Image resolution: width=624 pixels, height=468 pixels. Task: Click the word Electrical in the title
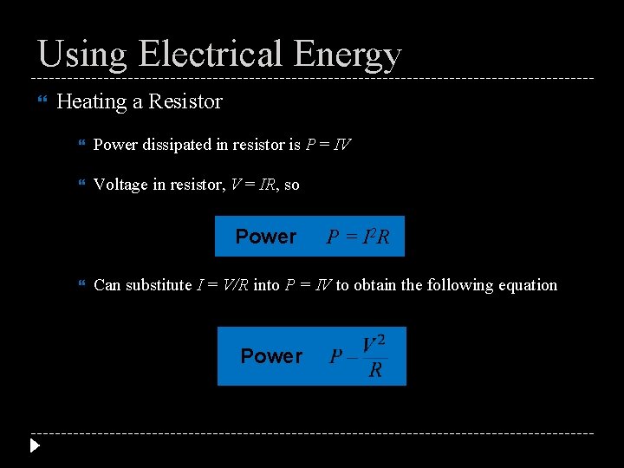(x=211, y=54)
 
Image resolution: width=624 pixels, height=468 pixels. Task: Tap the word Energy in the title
(x=348, y=55)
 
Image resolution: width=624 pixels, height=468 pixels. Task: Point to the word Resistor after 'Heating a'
(x=185, y=101)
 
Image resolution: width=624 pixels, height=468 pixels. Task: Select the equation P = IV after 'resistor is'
(x=328, y=145)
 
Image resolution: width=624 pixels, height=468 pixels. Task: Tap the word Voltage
(x=120, y=185)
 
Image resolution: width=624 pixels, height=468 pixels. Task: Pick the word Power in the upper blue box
(x=266, y=237)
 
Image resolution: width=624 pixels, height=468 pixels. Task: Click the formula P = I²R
(x=358, y=237)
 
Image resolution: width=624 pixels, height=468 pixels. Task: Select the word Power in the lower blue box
(x=271, y=356)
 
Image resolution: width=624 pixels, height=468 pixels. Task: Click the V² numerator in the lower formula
(x=374, y=343)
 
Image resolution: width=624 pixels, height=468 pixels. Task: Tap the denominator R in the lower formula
(x=375, y=371)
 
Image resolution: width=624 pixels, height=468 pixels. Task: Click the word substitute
(x=159, y=285)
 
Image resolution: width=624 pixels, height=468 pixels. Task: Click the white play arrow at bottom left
(x=35, y=446)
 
